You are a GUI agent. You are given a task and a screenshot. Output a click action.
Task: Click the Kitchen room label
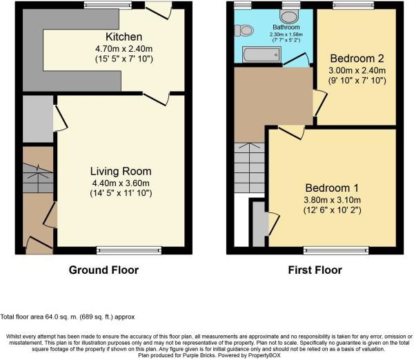pos(124,37)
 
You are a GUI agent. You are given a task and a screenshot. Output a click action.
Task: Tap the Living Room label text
pos(121,171)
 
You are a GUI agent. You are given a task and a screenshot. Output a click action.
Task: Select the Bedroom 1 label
pos(332,188)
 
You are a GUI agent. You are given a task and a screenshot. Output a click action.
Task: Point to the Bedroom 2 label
pos(357,59)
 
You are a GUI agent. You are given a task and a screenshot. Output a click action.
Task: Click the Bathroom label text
pos(286,27)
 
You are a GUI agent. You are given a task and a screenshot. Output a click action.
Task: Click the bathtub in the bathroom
pos(262,54)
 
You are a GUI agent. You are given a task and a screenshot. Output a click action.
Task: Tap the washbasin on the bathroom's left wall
pos(244,30)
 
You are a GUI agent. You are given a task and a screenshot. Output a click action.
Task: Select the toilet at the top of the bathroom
pos(289,17)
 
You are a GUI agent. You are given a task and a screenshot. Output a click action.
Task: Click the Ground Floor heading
pos(103,270)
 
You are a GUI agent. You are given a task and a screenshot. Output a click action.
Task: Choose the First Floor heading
pos(315,270)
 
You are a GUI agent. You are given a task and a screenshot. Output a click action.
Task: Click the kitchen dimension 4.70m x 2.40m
pos(124,49)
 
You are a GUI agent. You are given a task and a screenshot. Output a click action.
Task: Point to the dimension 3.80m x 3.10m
pos(332,200)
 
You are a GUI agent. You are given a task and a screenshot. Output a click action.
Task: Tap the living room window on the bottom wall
pos(129,250)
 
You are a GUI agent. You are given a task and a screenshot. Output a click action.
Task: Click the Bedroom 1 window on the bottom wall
pos(336,250)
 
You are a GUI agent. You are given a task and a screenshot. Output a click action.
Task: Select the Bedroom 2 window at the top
pos(353,5)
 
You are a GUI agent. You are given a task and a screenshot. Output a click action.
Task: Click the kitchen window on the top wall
pos(108,5)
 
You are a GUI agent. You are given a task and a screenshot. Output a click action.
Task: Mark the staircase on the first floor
pos(249,168)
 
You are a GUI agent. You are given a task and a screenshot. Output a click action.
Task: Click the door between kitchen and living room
pos(156,99)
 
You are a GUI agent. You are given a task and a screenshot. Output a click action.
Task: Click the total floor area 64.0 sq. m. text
pos(68,317)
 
